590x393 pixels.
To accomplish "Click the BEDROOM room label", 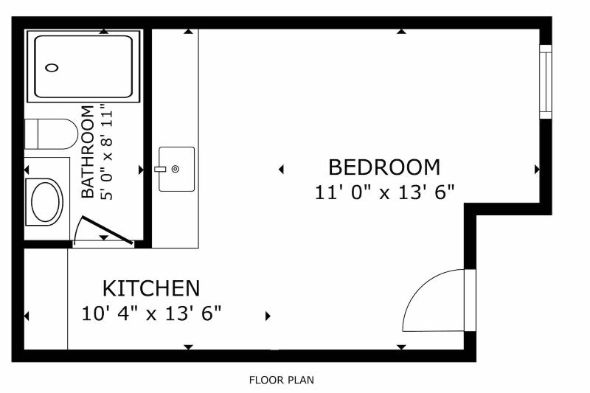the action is (384, 167).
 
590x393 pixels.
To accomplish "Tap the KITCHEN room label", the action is (151, 288).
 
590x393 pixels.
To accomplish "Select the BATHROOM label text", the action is (88, 152).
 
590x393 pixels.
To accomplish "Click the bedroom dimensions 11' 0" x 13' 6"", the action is (384, 192).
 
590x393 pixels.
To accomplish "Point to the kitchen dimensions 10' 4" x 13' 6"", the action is (151, 313).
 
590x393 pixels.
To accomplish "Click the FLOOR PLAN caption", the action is (282, 380).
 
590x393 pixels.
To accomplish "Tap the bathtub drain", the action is (52, 68).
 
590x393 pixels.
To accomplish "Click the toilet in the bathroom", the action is (51, 134).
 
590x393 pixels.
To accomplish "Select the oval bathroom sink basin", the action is (46, 202).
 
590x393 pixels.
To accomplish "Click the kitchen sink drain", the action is (176, 170).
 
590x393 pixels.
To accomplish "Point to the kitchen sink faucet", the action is (160, 170).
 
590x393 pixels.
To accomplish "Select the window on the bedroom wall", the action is (546, 82).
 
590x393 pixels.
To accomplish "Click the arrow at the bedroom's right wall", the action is (537, 170).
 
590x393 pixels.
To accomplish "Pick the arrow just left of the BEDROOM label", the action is (281, 170).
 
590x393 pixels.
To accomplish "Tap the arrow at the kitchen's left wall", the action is (27, 316).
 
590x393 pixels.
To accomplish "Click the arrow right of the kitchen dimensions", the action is (268, 316).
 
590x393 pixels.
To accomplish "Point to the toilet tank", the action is (31, 134).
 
